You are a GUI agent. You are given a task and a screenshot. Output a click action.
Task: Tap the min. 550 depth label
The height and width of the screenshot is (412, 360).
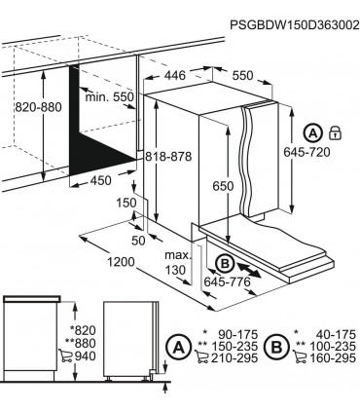109,97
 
